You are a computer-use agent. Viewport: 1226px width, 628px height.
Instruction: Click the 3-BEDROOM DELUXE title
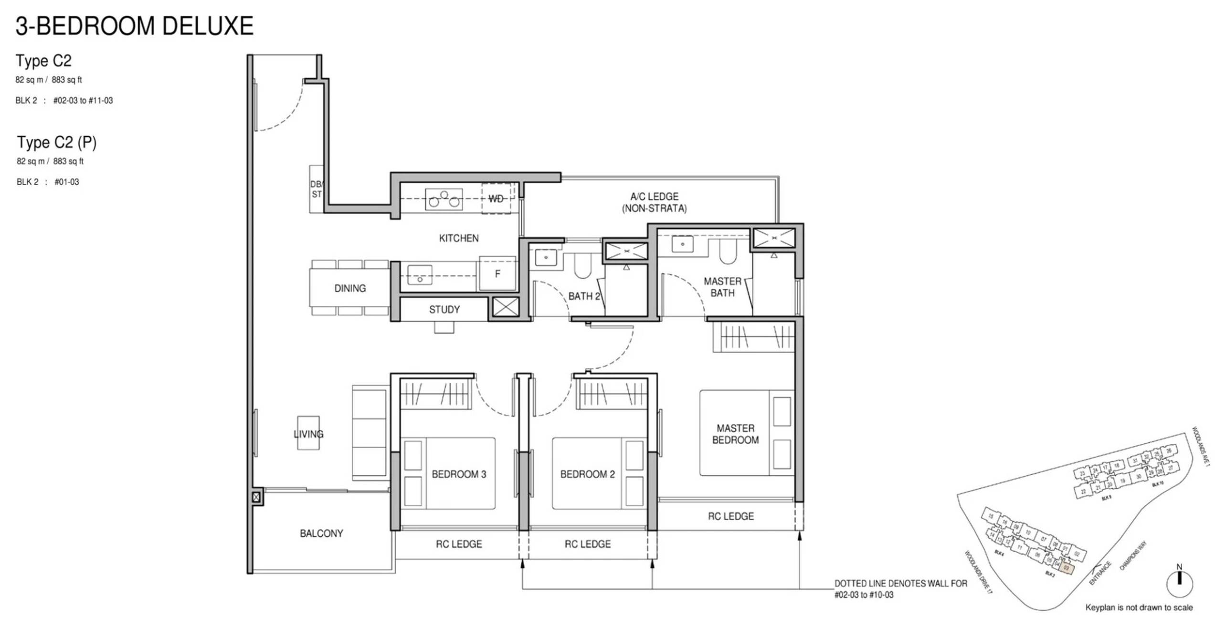click(x=134, y=26)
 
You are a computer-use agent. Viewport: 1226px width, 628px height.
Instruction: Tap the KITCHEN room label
click(x=458, y=238)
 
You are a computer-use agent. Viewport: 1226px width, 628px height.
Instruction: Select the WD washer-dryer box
click(x=496, y=199)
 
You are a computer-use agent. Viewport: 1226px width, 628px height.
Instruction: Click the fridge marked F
click(x=497, y=273)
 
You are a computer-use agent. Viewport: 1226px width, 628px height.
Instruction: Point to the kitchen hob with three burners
click(x=444, y=199)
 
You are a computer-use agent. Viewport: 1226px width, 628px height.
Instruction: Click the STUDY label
click(x=444, y=310)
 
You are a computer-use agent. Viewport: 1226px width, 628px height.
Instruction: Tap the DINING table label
click(x=350, y=288)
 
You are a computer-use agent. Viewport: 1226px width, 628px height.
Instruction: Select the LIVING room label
click(x=308, y=434)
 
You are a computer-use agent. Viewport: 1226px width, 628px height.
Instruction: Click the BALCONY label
click(x=321, y=533)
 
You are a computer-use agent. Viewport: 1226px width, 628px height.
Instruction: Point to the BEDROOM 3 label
click(x=458, y=474)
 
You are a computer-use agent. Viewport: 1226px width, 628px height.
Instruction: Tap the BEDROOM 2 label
click(x=587, y=474)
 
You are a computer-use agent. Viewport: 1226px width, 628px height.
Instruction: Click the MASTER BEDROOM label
click(x=735, y=434)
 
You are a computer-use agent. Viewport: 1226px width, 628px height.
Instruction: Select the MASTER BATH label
click(x=722, y=287)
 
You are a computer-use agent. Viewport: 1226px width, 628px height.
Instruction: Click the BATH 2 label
click(x=583, y=296)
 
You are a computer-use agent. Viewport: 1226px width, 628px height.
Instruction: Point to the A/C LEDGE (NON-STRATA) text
click(x=654, y=202)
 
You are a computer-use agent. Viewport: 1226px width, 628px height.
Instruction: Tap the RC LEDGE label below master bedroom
click(x=730, y=516)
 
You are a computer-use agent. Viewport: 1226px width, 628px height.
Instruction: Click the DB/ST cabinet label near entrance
click(x=317, y=189)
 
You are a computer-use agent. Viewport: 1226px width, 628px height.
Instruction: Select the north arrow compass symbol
click(x=1179, y=582)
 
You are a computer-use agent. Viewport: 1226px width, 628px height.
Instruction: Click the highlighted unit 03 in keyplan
click(x=1067, y=568)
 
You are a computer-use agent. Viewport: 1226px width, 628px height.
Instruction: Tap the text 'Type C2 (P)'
click(x=57, y=142)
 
